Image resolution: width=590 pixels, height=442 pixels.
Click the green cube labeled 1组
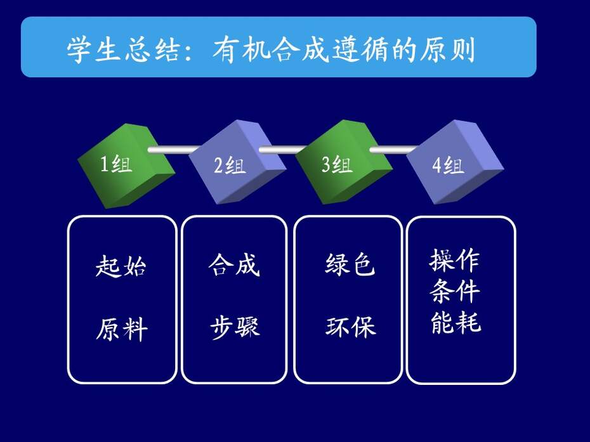click(126, 166)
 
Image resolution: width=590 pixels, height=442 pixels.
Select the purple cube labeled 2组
click(237, 162)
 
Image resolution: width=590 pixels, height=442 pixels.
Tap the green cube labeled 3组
click(344, 162)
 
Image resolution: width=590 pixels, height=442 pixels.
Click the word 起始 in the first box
click(121, 266)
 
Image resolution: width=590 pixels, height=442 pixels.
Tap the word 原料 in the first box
click(122, 328)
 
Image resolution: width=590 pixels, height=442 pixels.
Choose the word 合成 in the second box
click(234, 264)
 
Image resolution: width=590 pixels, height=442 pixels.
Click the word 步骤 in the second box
click(235, 327)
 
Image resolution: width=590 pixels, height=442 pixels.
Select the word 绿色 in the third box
click(350, 264)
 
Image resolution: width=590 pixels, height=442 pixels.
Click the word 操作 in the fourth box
click(454, 259)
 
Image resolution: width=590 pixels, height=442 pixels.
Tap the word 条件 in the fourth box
click(454, 291)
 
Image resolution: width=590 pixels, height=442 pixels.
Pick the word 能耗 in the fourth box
click(456, 322)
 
